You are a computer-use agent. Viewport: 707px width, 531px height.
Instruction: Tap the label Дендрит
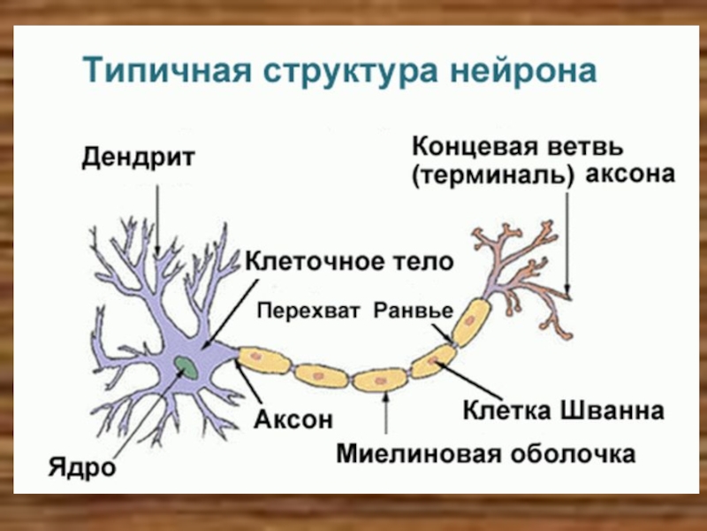(x=138, y=159)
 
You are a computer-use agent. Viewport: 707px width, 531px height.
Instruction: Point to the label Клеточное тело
(x=349, y=262)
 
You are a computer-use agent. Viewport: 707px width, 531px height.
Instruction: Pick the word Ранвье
(x=414, y=311)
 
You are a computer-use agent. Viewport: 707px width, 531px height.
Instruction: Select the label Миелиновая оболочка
(x=485, y=455)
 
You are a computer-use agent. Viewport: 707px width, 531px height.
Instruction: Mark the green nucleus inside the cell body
(x=186, y=364)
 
